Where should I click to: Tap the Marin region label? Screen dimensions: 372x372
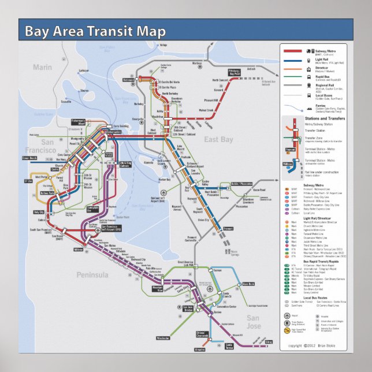coord(42,68)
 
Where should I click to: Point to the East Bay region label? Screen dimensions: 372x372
coord(218,139)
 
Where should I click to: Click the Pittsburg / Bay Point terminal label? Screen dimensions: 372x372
coord(234,73)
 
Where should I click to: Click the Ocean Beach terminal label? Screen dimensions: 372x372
coord(29,157)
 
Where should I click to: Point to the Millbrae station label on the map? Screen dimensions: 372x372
coord(79,249)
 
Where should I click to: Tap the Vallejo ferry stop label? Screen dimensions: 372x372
coord(163,45)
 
